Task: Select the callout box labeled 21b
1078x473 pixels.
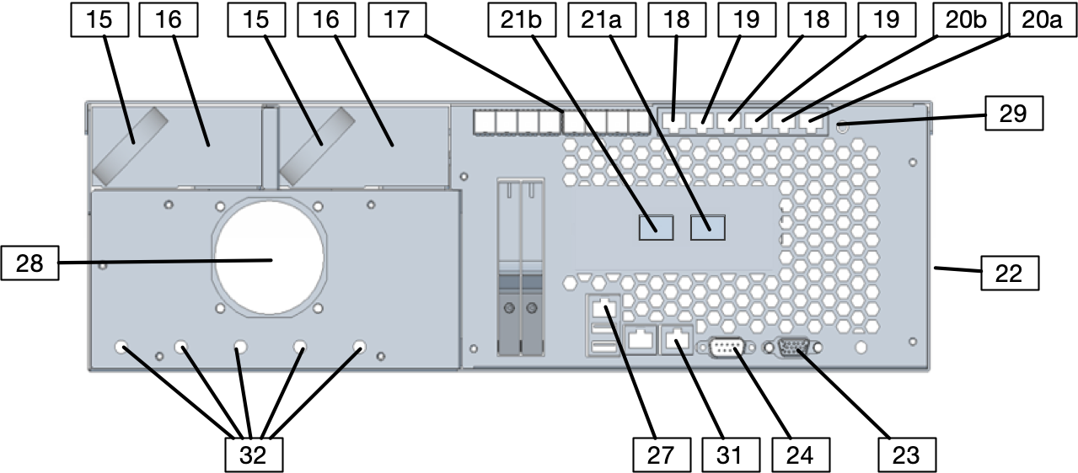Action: click(x=517, y=20)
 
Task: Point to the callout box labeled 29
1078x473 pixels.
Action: click(x=1014, y=114)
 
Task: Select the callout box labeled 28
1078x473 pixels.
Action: click(x=29, y=262)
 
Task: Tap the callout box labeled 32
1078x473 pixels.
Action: click(x=253, y=454)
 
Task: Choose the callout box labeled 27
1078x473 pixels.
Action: click(x=661, y=454)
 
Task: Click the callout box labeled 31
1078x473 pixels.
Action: click(x=729, y=454)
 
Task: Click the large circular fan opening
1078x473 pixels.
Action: click(x=269, y=258)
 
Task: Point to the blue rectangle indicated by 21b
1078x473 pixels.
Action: click(x=655, y=226)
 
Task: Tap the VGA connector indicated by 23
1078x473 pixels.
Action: click(x=793, y=347)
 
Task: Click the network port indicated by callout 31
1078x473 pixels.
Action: click(x=677, y=339)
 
